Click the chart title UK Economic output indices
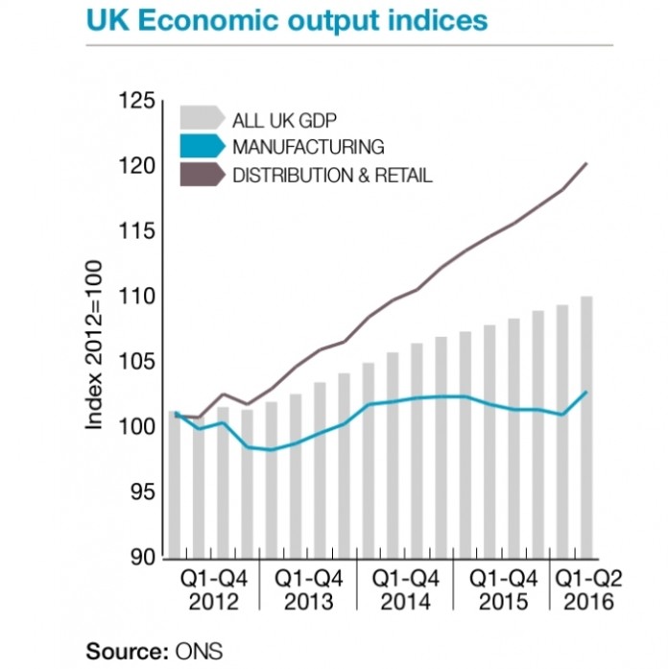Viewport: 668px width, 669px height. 287,20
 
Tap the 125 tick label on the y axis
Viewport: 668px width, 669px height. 136,101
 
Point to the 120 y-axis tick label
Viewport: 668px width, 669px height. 136,166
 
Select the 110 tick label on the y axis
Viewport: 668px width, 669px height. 136,297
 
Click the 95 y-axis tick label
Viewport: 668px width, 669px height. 140,492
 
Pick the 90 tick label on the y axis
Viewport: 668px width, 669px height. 140,558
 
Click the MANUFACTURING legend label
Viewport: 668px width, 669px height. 308,147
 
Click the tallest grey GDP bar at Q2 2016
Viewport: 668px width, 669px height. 586,427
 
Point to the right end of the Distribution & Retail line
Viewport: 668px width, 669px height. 586,164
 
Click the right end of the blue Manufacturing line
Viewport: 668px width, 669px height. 586,392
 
